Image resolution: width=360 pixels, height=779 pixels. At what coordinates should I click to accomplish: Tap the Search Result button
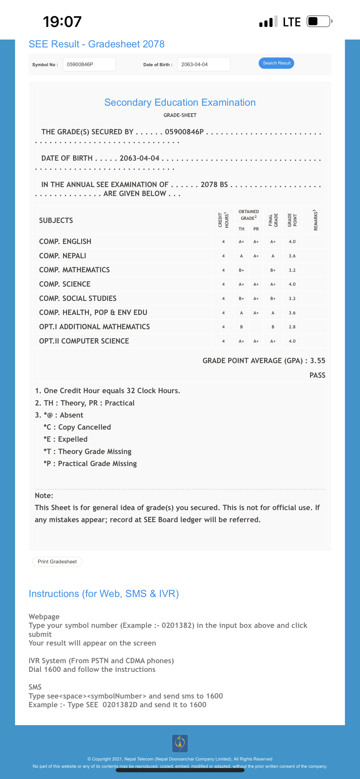(276, 63)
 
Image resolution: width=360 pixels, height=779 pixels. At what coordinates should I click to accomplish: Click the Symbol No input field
(89, 64)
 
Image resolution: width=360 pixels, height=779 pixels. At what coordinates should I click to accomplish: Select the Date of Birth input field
(204, 64)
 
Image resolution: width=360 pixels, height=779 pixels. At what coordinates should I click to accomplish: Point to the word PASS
(317, 375)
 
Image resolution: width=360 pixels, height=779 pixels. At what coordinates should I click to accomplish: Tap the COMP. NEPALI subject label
(63, 256)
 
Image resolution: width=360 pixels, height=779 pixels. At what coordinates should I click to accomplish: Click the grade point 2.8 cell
(292, 327)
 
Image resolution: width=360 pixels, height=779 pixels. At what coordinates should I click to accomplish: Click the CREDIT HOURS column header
(223, 220)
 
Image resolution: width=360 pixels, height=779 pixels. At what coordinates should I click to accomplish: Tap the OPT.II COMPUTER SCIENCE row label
(84, 341)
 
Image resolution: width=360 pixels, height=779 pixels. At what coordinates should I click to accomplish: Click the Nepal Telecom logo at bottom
(180, 743)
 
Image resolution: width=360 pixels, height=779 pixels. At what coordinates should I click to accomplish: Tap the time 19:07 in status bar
(62, 22)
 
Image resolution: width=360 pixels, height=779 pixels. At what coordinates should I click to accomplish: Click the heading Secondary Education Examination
(180, 103)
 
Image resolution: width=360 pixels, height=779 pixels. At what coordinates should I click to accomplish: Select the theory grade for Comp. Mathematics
(241, 270)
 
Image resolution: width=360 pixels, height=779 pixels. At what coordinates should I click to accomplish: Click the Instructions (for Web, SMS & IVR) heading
(104, 594)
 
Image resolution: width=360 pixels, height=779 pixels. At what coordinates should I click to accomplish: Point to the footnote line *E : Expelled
(66, 439)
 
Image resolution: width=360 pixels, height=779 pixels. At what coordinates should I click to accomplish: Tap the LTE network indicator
(291, 22)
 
